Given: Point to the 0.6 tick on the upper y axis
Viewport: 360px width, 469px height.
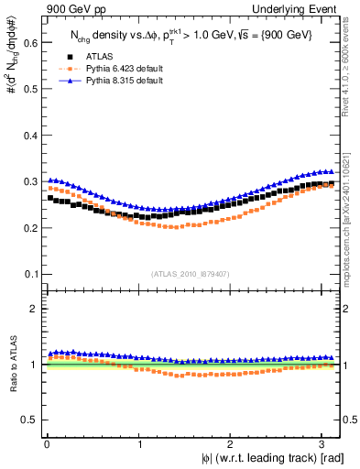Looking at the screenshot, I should coord(30,42).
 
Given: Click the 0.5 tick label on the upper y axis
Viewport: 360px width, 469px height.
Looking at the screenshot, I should coord(30,89).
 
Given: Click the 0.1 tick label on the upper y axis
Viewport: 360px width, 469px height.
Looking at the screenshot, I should coord(30,274).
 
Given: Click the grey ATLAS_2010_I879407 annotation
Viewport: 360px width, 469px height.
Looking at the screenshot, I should coord(191,274).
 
